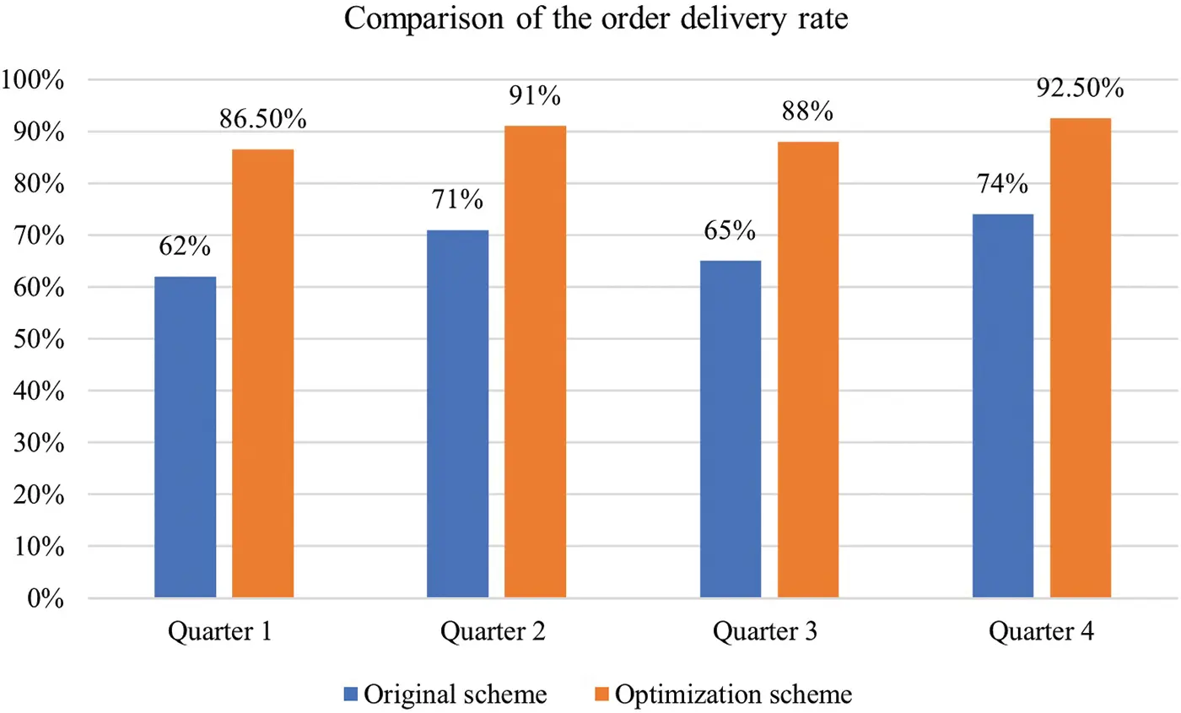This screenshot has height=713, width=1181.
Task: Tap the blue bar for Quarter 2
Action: point(457,413)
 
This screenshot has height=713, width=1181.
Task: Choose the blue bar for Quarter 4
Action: point(1003,406)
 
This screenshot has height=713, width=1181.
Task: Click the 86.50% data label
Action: point(263,120)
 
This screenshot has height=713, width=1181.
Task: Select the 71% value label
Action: point(457,200)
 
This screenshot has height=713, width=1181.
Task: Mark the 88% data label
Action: point(808,112)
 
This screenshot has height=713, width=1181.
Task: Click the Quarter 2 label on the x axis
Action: point(496,633)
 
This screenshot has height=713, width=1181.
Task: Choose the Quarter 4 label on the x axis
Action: point(1042,633)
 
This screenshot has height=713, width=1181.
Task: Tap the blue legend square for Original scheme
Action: point(352,694)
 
